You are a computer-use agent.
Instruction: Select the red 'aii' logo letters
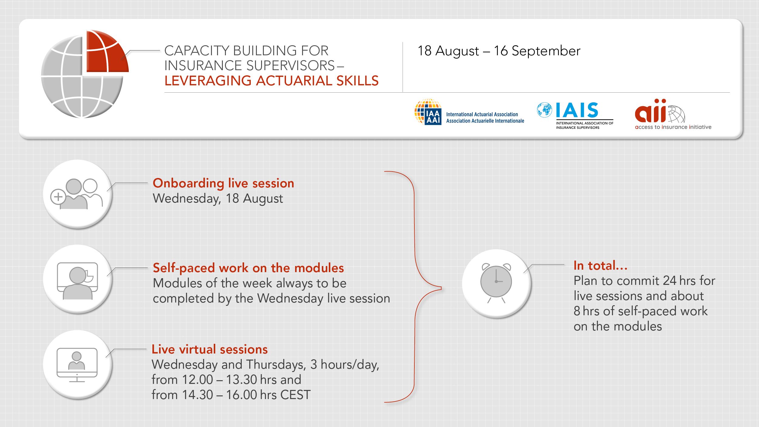click(x=650, y=111)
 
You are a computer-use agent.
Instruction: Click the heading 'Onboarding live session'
click(x=223, y=183)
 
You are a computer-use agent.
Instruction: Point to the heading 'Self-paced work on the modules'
click(x=248, y=268)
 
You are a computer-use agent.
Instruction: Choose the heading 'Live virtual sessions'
click(x=209, y=349)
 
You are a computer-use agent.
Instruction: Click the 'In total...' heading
click(x=601, y=265)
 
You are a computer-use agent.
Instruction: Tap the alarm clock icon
click(x=496, y=283)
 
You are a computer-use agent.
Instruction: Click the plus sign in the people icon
click(x=58, y=197)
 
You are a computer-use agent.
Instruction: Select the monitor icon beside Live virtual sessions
click(x=77, y=365)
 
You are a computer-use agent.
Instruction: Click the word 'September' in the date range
click(x=546, y=51)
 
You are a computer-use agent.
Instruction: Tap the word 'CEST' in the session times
click(x=295, y=395)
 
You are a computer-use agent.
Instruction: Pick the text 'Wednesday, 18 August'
click(x=218, y=199)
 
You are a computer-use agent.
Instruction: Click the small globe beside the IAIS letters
click(x=545, y=110)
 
